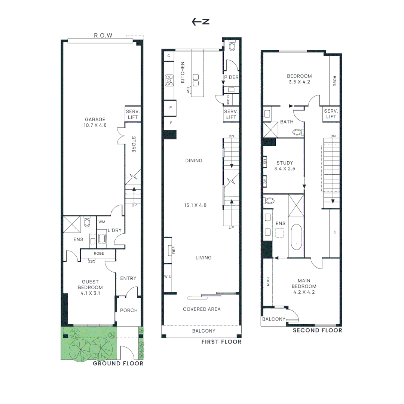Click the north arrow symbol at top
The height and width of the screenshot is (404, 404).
200,22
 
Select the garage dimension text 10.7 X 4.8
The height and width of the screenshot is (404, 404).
95,125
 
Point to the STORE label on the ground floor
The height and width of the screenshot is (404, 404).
133,144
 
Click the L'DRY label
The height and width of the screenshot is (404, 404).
114,230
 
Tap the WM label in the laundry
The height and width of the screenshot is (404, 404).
102,222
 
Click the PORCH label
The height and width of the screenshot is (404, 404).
129,310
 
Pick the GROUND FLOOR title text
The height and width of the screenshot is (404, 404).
118,363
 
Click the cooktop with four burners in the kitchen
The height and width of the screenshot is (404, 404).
169,80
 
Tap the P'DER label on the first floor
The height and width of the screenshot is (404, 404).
231,77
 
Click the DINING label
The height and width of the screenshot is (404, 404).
194,160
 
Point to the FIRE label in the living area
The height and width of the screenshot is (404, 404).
174,250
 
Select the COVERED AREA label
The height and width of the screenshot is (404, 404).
202,309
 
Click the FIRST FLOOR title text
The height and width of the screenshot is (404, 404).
221,342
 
